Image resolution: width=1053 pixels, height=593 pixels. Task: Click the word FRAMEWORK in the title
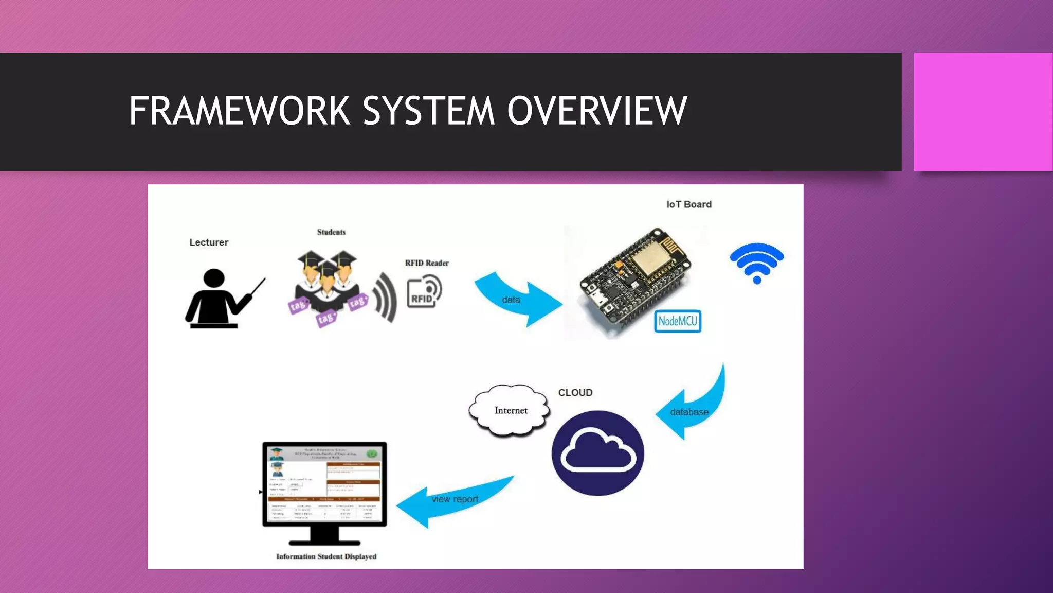239,111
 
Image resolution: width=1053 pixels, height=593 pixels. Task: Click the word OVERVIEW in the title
597,111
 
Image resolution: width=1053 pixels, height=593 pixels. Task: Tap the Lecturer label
208,242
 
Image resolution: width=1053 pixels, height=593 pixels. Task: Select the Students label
331,232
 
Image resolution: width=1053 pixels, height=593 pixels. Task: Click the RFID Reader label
427,263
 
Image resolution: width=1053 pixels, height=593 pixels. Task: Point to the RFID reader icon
424,292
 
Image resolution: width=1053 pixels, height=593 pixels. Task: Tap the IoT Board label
689,204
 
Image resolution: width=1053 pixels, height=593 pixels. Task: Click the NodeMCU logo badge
678,321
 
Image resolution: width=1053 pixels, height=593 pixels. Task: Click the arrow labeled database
692,409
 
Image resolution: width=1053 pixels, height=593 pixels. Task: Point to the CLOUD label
575,393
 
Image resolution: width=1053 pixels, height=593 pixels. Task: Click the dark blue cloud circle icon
597,453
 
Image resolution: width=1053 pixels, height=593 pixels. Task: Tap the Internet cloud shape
510,410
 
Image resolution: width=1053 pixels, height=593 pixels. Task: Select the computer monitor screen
324,484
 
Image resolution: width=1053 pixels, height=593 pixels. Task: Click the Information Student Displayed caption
326,556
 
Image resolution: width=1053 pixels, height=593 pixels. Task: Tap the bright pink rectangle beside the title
983,111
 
